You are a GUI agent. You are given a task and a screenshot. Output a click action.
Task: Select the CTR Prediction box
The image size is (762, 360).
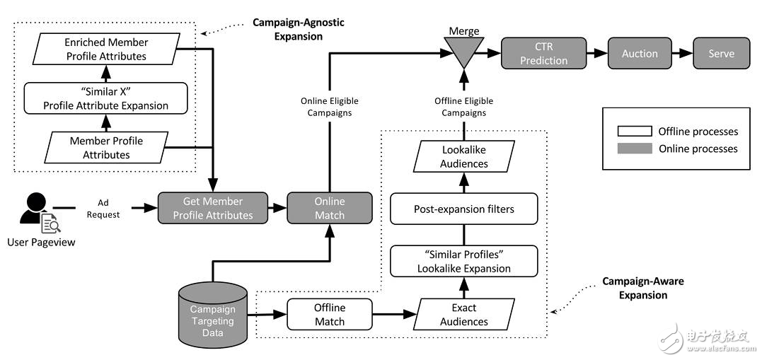(543, 54)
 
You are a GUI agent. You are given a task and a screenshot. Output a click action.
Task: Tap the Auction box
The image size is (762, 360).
(639, 54)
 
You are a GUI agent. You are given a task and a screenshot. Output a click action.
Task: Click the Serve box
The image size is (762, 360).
(722, 54)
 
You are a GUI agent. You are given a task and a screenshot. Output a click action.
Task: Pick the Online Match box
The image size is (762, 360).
(329, 208)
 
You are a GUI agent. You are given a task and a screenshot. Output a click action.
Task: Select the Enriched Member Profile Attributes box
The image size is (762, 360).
(105, 50)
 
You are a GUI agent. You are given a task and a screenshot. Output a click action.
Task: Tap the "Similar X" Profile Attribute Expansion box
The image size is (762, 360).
(105, 99)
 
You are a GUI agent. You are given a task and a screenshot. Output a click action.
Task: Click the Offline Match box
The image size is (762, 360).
(329, 315)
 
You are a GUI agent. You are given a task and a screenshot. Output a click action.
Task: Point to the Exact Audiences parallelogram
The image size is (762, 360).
(463, 315)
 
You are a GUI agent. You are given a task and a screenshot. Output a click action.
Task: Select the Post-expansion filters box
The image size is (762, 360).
(463, 209)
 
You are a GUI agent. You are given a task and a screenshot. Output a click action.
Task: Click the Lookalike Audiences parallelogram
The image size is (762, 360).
(464, 157)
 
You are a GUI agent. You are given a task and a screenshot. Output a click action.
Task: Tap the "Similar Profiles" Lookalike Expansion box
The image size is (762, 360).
(463, 262)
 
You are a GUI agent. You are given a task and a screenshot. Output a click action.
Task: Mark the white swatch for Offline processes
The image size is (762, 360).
(633, 132)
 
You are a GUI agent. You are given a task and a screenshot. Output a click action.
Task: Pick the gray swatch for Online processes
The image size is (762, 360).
(633, 149)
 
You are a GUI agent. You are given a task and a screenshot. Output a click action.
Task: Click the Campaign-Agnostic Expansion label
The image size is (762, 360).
(299, 29)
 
